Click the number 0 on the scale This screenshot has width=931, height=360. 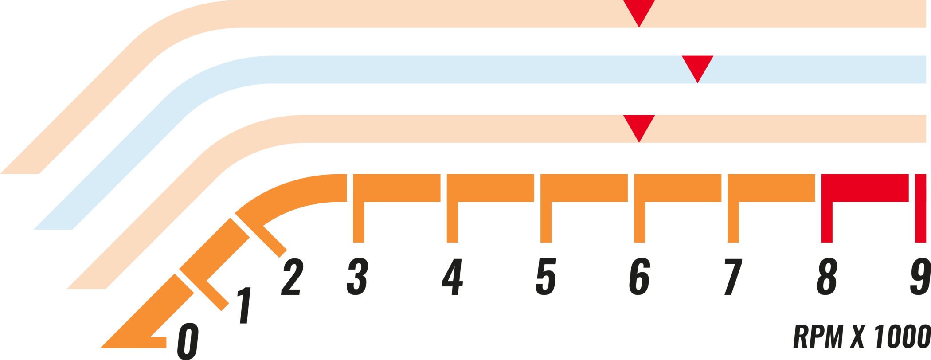click(x=188, y=341)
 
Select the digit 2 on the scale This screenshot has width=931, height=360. click(x=292, y=277)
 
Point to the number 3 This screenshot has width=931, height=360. click(x=357, y=276)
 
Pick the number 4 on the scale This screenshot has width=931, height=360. click(x=452, y=277)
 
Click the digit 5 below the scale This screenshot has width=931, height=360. click(x=546, y=277)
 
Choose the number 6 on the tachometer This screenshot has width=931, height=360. click(x=640, y=276)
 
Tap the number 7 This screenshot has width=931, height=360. click(x=733, y=277)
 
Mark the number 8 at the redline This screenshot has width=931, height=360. click(x=827, y=276)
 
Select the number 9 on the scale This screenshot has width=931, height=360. click(x=920, y=276)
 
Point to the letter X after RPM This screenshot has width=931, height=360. click(x=858, y=336)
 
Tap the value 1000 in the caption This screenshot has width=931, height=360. click(x=902, y=336)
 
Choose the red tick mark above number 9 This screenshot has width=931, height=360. click(x=920, y=208)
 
